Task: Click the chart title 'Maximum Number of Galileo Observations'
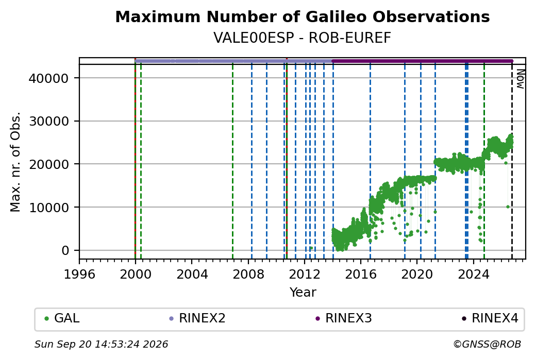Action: (303, 16)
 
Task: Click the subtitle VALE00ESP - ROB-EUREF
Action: (302, 38)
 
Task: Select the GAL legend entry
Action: (62, 318)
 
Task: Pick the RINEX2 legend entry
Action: (197, 318)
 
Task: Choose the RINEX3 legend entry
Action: (344, 318)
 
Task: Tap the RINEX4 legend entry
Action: (490, 318)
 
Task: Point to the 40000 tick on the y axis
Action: (49, 78)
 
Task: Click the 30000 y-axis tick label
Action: (49, 121)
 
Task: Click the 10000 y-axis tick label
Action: (49, 208)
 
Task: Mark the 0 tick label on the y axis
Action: (65, 250)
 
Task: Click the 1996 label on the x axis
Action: (79, 275)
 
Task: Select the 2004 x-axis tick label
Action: (192, 275)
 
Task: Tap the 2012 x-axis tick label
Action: (304, 275)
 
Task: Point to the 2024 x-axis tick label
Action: (473, 275)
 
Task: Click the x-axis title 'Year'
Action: (303, 293)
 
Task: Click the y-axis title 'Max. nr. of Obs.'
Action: (15, 162)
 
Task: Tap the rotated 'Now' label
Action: (520, 79)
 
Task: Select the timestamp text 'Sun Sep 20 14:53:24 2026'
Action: (101, 344)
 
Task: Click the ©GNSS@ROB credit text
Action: (487, 344)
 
